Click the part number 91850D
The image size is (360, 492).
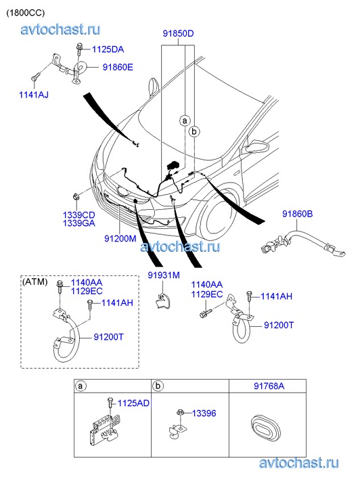[178, 33]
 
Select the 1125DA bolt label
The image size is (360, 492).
[108, 49]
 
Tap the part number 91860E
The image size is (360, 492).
[118, 67]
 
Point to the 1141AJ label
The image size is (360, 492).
[34, 95]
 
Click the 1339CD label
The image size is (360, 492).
[78, 215]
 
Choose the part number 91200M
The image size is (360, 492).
[120, 238]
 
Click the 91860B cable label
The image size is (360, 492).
[298, 214]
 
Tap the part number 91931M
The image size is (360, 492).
[164, 275]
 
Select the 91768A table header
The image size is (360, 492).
[269, 386]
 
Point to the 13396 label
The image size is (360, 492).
[204, 413]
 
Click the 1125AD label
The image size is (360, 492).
[133, 403]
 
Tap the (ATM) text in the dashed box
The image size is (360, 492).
[35, 282]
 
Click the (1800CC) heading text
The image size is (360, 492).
[26, 13]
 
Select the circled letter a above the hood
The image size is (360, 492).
[185, 120]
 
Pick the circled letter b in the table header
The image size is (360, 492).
[158, 386]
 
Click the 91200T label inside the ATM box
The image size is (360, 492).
[108, 337]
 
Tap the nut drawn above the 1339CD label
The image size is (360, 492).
[75, 198]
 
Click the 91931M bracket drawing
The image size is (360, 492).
[163, 300]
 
